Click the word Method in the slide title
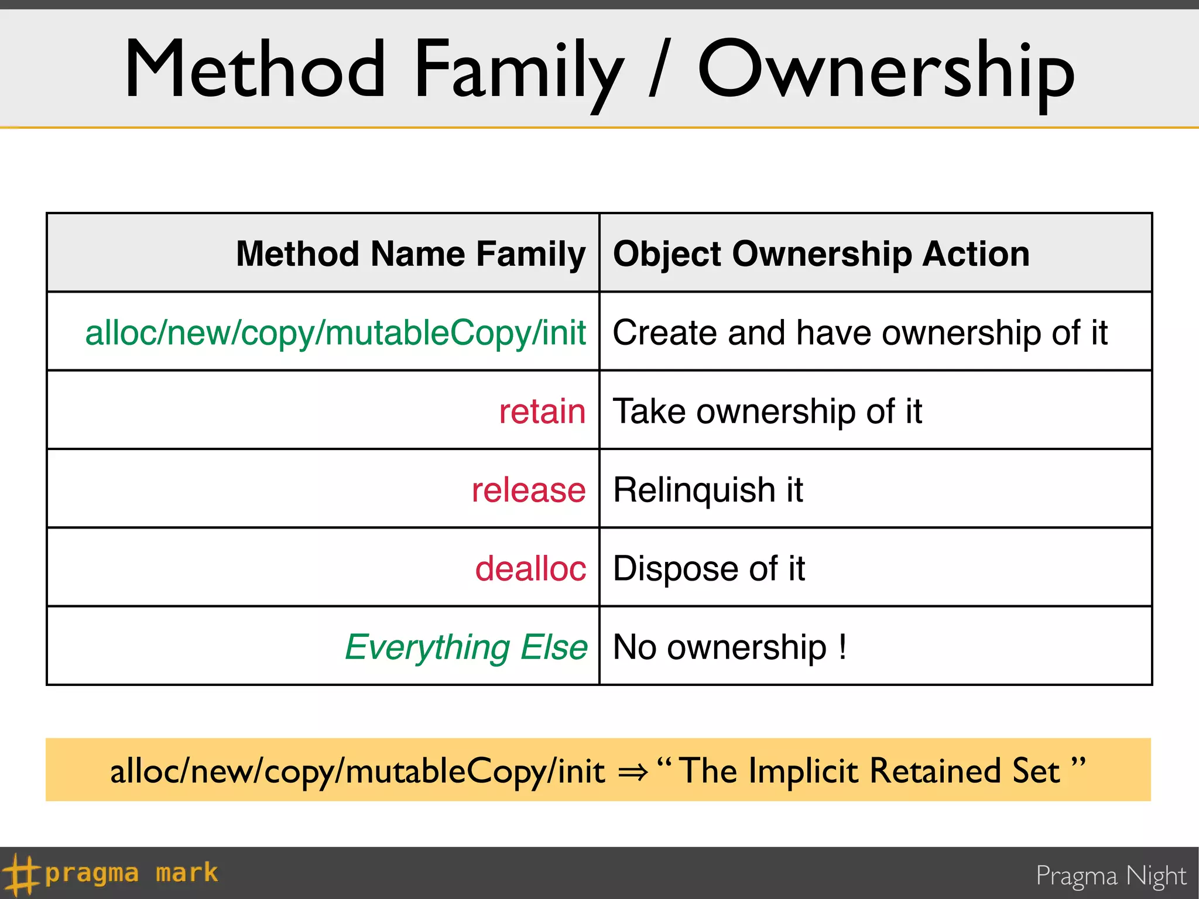pos(255,70)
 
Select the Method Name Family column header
pos(410,254)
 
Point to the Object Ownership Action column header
pos(821,254)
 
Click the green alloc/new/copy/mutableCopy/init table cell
pos(335,333)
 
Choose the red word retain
pos(542,411)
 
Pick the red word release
pos(529,490)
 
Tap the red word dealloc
pos(530,568)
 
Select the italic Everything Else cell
pos(466,647)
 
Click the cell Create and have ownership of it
pos(859,333)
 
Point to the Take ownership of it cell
pos(767,411)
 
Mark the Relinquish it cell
pos(708,490)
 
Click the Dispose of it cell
pos(708,568)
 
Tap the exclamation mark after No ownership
pos(842,647)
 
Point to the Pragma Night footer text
pos(1111,876)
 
